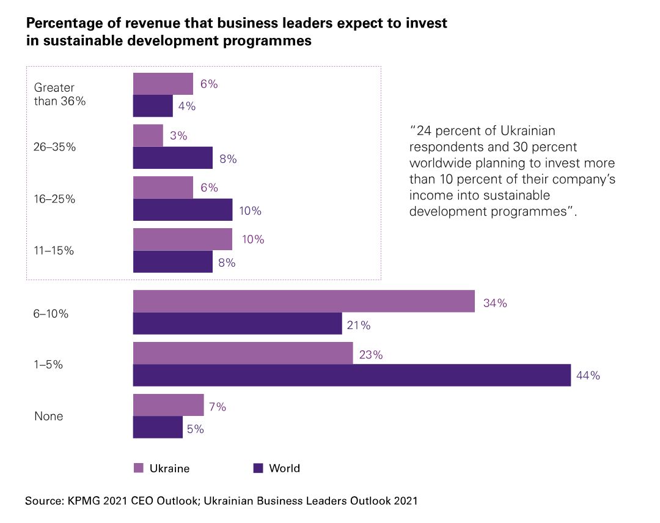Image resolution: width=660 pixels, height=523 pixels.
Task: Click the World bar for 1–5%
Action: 351,376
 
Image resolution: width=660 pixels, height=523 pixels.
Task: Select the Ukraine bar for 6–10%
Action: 304,302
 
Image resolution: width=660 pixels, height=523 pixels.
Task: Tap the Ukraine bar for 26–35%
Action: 148,136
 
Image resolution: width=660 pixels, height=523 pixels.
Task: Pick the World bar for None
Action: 158,428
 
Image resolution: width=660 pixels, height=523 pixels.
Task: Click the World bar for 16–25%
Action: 183,210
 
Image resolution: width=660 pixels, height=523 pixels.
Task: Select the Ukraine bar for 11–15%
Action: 183,239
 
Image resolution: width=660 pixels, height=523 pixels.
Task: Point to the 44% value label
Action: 588,376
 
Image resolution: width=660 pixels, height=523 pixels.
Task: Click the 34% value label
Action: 494,303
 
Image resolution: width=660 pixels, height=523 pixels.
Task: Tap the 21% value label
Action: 358,325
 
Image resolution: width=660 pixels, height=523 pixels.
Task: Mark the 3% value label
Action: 178,136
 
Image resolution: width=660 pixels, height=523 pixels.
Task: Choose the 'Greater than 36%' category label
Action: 60,95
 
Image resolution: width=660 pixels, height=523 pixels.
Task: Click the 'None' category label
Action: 49,417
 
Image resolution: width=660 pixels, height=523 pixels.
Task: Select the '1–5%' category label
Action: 49,365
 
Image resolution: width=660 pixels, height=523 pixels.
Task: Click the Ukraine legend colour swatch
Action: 138,469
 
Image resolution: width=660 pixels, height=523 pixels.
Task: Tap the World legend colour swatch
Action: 258,469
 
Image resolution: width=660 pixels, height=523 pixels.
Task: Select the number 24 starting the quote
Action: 422,132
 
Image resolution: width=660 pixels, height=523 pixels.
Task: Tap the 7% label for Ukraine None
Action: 218,407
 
